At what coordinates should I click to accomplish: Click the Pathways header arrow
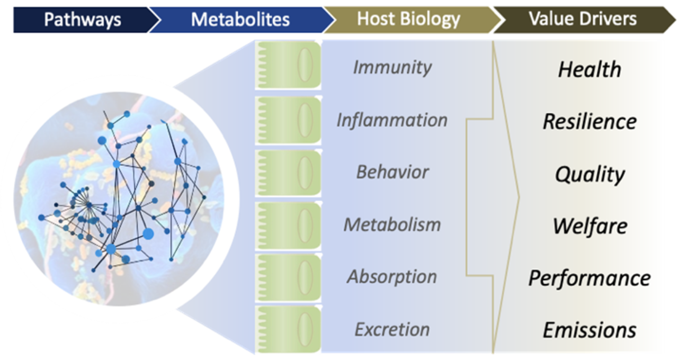83,20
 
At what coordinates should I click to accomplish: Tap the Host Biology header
408,20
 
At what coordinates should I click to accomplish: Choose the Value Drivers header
583,20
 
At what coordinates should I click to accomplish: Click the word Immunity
392,67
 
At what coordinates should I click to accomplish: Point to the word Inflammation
392,120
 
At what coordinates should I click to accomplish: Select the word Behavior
392,172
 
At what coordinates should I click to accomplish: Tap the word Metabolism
392,224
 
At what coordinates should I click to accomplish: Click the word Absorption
392,277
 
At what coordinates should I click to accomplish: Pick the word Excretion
392,329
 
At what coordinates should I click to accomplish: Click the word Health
590,69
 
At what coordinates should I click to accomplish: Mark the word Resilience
590,122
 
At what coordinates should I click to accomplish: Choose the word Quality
590,175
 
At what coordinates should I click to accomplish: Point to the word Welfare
590,226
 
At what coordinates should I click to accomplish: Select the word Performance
590,278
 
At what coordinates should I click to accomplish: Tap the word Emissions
590,330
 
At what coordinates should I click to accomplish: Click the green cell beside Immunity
288,65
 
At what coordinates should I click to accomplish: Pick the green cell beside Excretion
288,329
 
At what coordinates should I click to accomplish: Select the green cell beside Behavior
288,173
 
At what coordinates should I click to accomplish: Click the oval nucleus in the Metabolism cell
305,226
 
